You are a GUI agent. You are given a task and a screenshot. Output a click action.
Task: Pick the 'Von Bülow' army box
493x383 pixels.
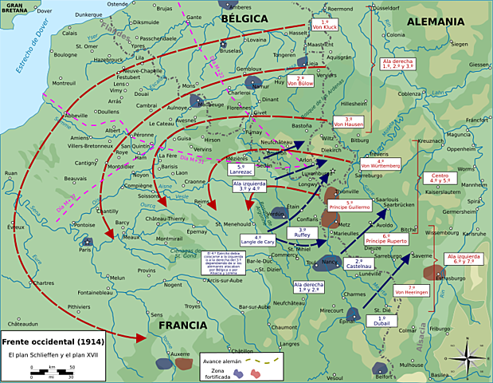[x=300, y=81]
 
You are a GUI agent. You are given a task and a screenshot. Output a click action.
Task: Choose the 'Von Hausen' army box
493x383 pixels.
[x=349, y=122]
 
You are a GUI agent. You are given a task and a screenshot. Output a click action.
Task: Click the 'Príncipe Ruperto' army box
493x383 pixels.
[x=384, y=238]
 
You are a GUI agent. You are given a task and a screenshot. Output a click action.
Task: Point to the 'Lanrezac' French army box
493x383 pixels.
[x=241, y=171]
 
